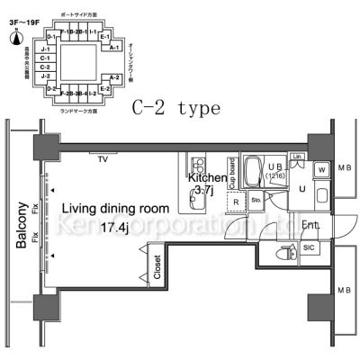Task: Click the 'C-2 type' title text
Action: (x=175, y=108)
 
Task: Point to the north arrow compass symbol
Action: (x=19, y=35)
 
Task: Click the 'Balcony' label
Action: (x=19, y=238)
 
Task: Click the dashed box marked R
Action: (x=236, y=202)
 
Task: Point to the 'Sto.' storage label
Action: (x=256, y=200)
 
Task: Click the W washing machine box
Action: (x=321, y=170)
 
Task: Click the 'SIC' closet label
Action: (x=309, y=247)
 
